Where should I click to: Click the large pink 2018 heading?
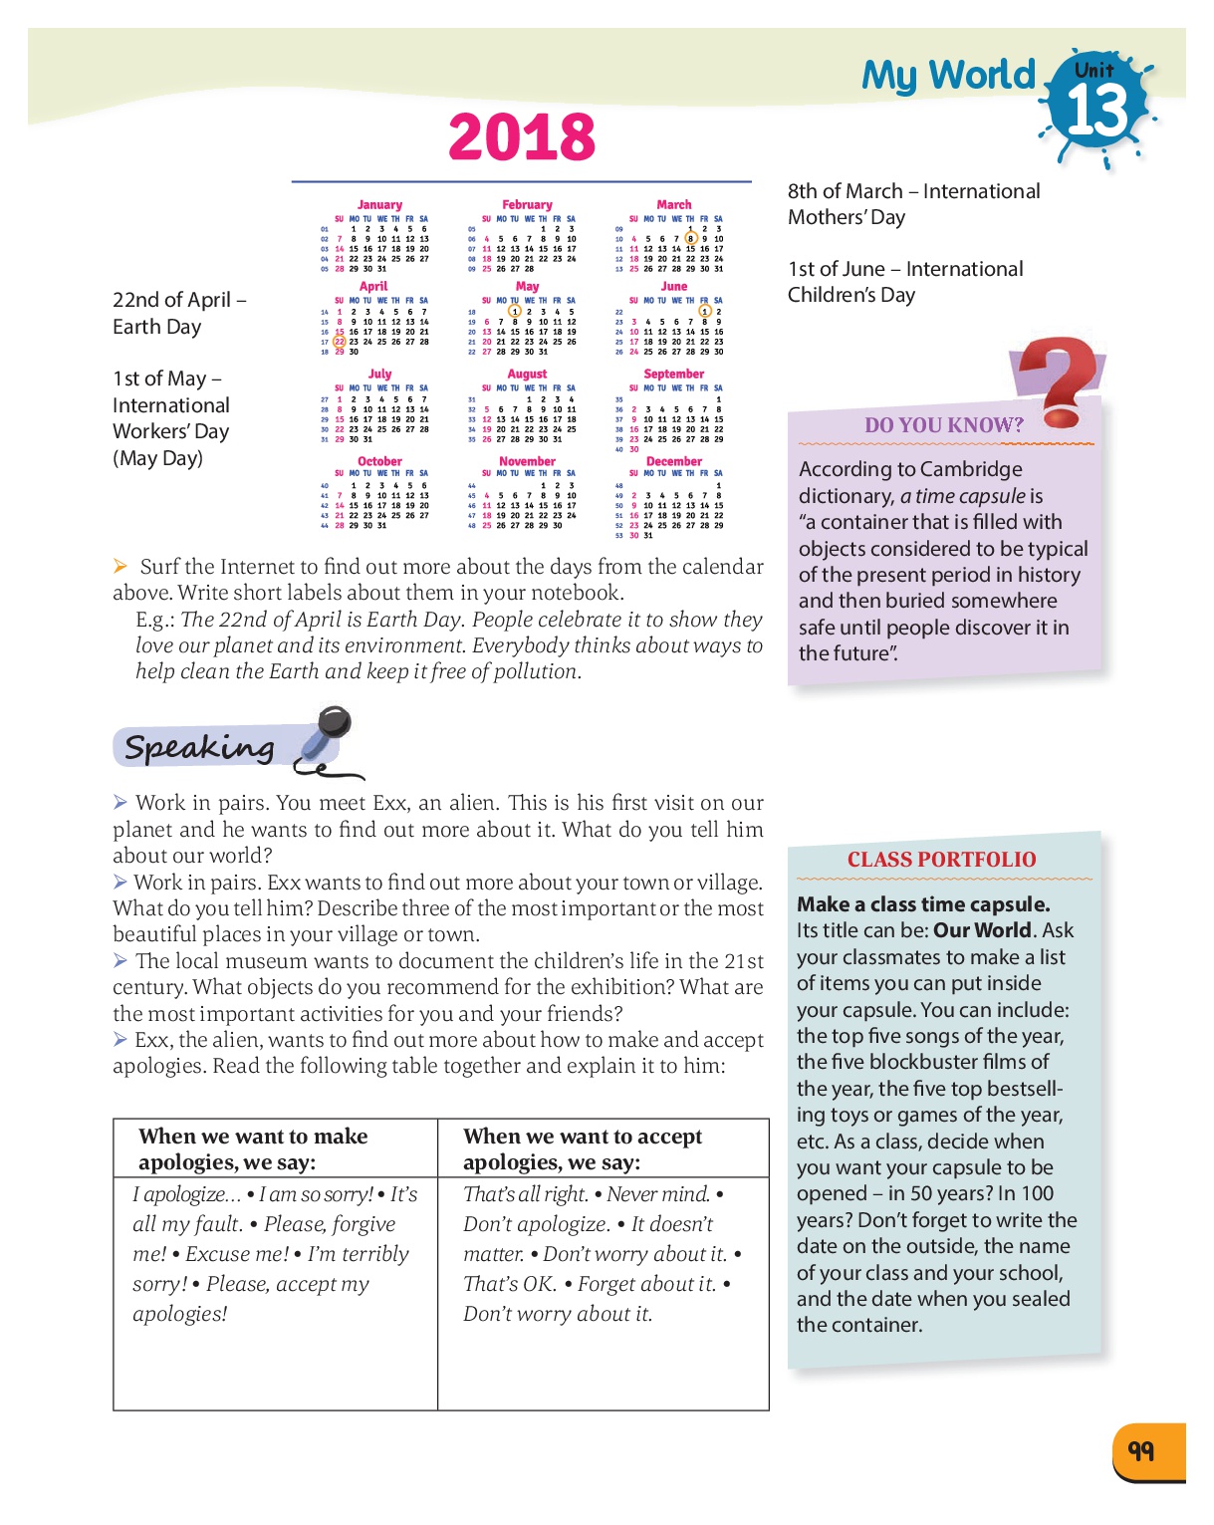coord(522,137)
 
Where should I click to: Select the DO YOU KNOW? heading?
coord(943,425)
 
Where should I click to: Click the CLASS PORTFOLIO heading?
coord(941,860)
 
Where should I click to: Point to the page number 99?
coord(1141,1450)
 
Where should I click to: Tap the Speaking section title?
coord(199,747)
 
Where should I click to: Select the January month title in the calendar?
coord(379,204)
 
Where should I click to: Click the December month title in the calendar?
coord(674,461)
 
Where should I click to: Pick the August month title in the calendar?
coord(527,374)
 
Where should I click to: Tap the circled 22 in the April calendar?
coord(340,342)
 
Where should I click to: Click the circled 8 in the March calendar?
coord(690,239)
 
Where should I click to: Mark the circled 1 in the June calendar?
coord(704,312)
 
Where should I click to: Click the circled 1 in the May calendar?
coord(515,312)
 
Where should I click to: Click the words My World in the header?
coord(948,76)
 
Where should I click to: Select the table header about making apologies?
coord(253,1148)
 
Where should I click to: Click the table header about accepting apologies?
coord(583,1148)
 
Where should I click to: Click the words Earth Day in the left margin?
coord(156,327)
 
